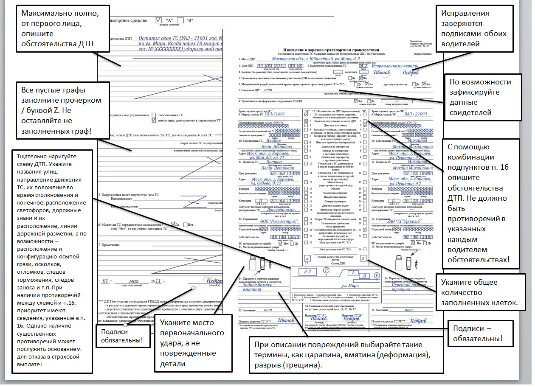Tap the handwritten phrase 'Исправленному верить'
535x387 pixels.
397,66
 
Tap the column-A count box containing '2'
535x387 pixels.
307,258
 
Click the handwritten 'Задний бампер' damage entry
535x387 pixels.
260,286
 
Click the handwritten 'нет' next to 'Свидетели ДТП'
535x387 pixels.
268,90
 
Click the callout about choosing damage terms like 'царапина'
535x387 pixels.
345,354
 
